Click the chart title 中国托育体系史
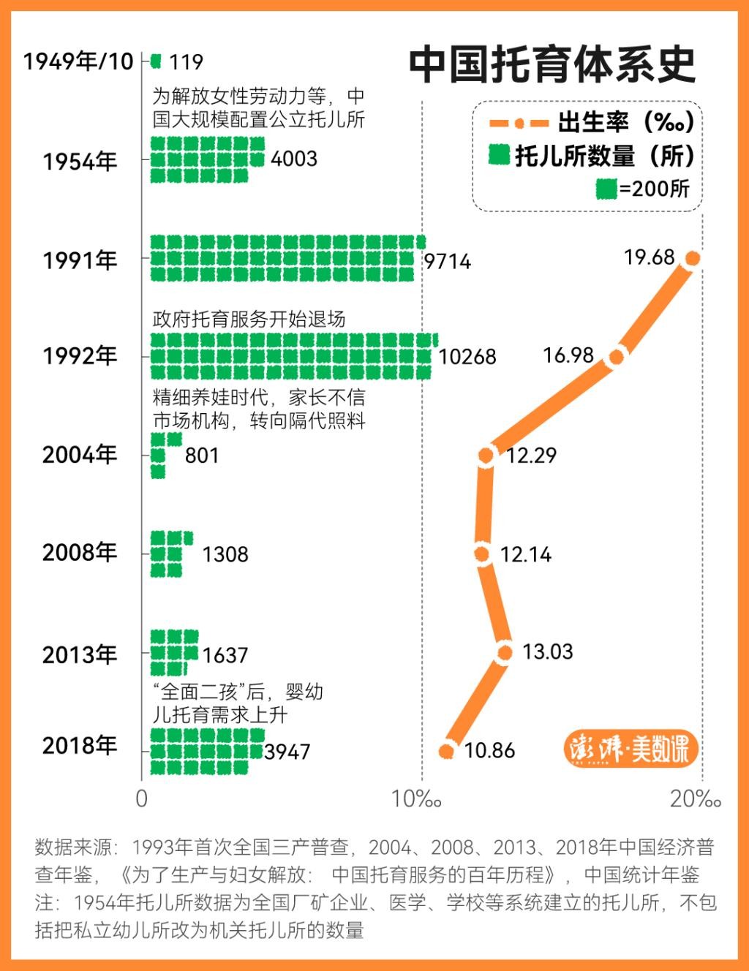point(552,65)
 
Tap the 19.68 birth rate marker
point(692,258)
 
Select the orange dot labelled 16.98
point(617,357)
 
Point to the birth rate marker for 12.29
point(486,456)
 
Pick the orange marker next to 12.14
point(481,554)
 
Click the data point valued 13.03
point(504,652)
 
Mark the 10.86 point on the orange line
point(447,751)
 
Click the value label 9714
point(448,261)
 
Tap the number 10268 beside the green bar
point(467,357)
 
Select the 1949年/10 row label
point(78,61)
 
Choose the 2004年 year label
point(80,455)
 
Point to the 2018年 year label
point(80,746)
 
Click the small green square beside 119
point(155,61)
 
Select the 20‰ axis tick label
point(695,799)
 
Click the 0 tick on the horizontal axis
point(142,799)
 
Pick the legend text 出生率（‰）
point(625,122)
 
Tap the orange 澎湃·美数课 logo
point(631,749)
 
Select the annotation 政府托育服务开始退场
point(249,320)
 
